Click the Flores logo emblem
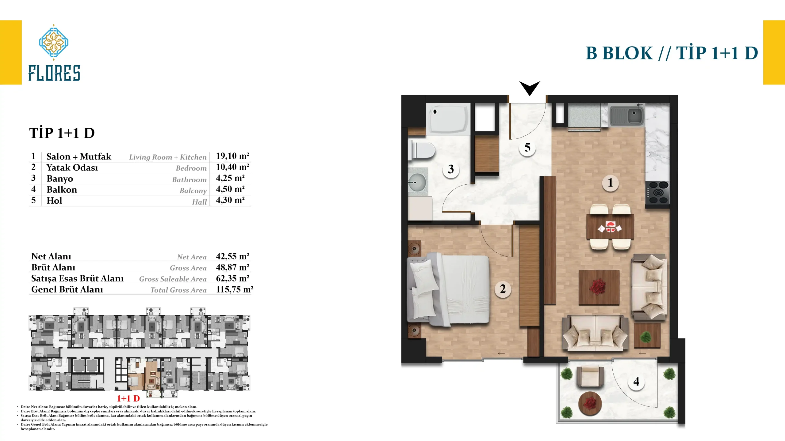[54, 42]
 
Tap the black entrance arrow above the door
[530, 87]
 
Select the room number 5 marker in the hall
[527, 148]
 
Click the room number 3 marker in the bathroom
[451, 169]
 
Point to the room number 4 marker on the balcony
[637, 382]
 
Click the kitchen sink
[627, 115]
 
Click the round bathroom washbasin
[417, 183]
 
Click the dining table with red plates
[610, 227]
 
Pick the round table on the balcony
[590, 404]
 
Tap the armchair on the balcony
[590, 376]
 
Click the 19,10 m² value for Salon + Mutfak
[233, 156]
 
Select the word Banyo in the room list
[60, 179]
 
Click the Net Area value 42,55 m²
[233, 256]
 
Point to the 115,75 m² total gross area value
[235, 289]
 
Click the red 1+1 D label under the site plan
[128, 398]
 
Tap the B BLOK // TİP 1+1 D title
[672, 53]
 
